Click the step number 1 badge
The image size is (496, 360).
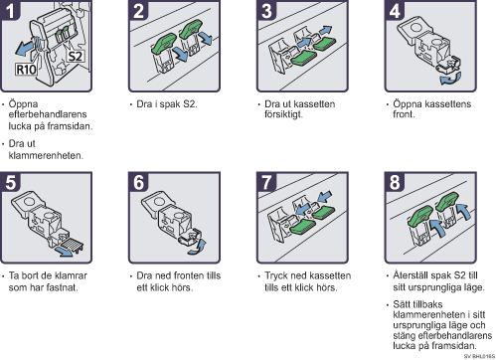point(10,10)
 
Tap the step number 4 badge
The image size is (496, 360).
point(395,10)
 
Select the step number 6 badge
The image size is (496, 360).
point(138,182)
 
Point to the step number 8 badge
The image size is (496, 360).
point(395,182)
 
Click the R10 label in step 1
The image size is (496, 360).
point(26,70)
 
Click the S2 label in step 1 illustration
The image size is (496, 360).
point(75,57)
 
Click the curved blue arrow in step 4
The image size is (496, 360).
point(450,80)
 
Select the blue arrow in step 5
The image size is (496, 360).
point(64,252)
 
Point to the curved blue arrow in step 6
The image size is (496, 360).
point(198,248)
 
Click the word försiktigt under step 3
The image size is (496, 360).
point(283,114)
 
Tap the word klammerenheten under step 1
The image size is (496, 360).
point(46,155)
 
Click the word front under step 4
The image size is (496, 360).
point(404,114)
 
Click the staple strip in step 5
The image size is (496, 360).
point(72,245)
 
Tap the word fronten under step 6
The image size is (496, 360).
point(189,275)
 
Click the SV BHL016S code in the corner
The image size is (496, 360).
point(479,356)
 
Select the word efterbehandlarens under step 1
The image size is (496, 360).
point(48,114)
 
